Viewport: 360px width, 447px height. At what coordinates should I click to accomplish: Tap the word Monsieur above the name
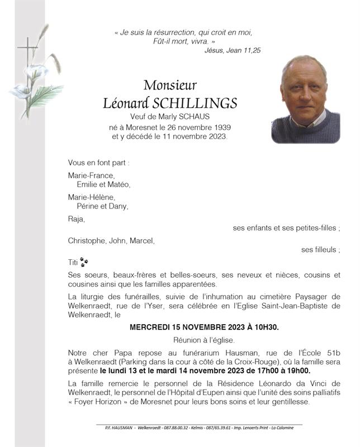[x=170, y=85]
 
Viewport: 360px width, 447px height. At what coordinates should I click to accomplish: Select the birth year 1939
[x=220, y=126]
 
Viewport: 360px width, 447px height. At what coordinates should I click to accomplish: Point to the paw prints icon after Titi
[x=84, y=261]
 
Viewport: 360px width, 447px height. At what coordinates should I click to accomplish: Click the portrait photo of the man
[x=305, y=99]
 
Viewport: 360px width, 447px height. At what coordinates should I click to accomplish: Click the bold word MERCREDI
[x=152, y=327]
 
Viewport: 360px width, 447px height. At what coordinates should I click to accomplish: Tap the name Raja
[x=76, y=218]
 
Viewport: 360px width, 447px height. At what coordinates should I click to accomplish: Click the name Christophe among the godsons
[x=87, y=241]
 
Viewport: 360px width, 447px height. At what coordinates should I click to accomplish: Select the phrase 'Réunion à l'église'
[x=204, y=340]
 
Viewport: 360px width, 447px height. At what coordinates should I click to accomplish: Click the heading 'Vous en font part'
[x=98, y=163]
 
